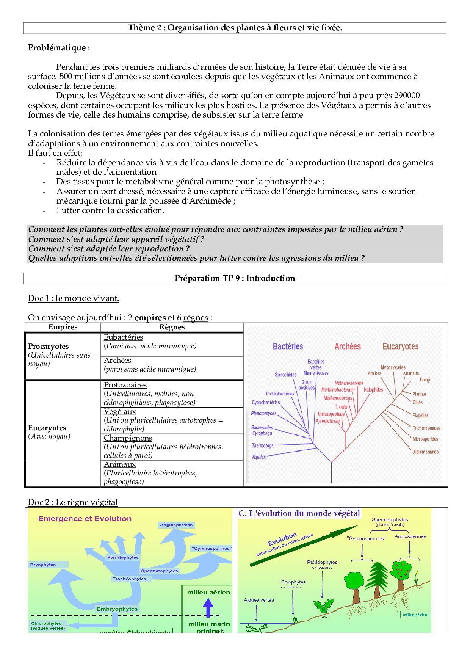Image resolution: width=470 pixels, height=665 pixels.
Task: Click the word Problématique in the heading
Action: (x=56, y=48)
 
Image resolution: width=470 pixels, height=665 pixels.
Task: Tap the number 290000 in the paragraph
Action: (x=407, y=96)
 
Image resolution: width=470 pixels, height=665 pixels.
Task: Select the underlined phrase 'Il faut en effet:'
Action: (x=55, y=153)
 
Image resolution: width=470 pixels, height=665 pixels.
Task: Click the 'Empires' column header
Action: (x=63, y=327)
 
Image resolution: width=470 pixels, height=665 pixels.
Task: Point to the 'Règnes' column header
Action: (x=172, y=327)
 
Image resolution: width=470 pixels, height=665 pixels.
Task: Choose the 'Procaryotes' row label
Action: (x=49, y=346)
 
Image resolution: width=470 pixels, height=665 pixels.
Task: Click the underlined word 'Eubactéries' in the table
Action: (x=123, y=337)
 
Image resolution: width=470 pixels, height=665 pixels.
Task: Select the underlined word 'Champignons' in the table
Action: (x=128, y=438)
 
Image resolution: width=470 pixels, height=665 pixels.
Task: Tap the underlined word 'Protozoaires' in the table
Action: (x=125, y=385)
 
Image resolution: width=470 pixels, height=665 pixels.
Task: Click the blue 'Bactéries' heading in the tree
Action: (x=288, y=347)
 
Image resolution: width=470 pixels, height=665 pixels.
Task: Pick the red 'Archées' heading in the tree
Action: (x=348, y=347)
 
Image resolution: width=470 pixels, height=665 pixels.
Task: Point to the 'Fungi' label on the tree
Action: (x=425, y=380)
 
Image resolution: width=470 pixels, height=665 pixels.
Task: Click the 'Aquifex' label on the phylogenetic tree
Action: (x=259, y=457)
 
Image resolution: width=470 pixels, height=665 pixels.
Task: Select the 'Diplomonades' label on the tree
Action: (x=425, y=452)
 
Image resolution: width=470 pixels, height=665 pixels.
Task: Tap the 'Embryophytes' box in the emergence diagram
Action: (x=117, y=609)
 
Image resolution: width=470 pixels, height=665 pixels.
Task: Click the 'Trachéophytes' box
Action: (x=130, y=579)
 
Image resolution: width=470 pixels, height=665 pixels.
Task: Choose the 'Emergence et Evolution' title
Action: (x=85, y=519)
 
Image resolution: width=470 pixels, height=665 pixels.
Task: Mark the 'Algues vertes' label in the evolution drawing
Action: (x=258, y=600)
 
